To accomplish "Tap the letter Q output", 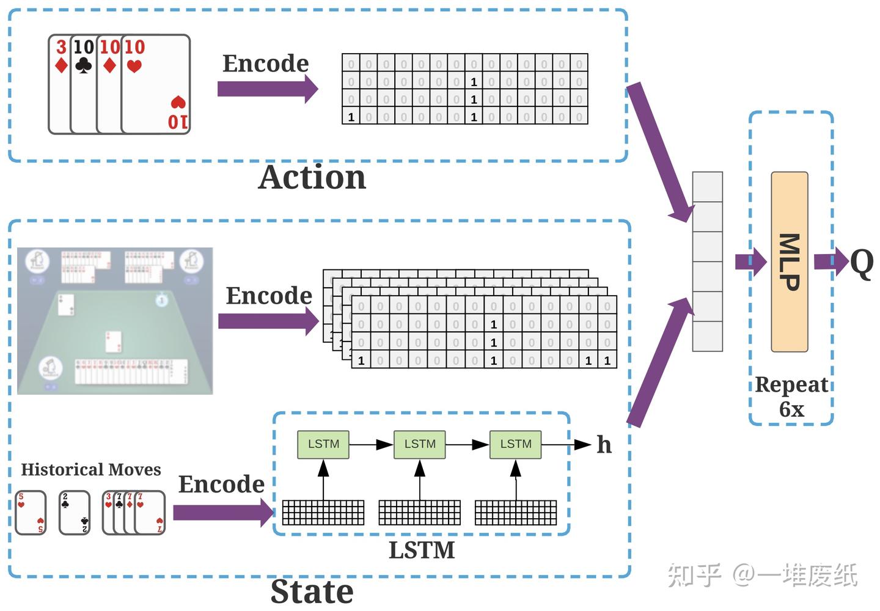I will [862, 263].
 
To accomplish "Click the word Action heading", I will [312, 178].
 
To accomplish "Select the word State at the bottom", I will [312, 591].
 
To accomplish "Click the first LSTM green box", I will [323, 444].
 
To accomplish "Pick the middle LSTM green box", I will [420, 444].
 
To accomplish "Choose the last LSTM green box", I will [516, 444].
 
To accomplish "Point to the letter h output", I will [604, 445].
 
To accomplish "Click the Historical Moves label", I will [91, 469].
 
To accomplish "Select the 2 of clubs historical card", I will [74, 512].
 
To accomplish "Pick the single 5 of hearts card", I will [31, 512].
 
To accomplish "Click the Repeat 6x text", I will [791, 396].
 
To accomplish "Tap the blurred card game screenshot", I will [115, 321].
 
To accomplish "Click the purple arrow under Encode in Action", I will [267, 89].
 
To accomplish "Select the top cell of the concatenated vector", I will [707, 187].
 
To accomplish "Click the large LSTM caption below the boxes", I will [422, 550].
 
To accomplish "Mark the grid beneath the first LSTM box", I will [323, 512].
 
